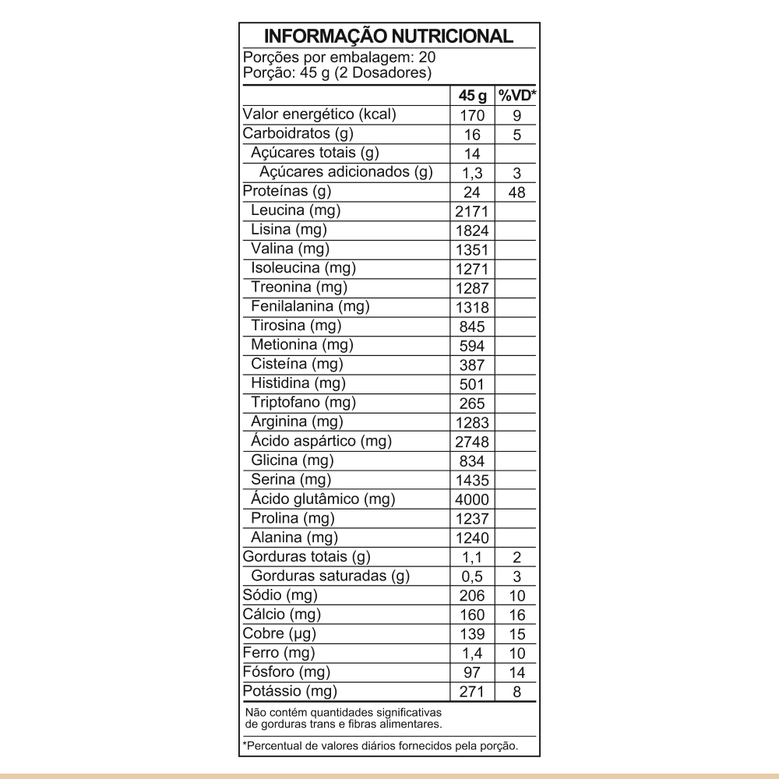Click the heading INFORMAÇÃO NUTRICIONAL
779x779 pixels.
tap(389, 37)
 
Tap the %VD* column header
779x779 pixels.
tap(517, 96)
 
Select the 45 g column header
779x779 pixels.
tap(472, 96)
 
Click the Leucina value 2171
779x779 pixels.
tap(472, 212)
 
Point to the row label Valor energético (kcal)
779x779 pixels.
tap(320, 115)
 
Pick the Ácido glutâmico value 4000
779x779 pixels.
tap(472, 500)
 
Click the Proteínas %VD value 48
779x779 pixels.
tap(517, 192)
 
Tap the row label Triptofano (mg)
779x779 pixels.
tap(303, 402)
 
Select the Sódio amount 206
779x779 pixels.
tap(472, 596)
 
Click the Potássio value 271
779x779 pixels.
tap(472, 692)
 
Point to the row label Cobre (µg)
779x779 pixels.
tap(280, 633)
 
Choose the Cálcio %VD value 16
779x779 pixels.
tap(517, 615)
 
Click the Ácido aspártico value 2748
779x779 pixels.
tap(472, 442)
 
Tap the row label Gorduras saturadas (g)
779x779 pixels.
tap(330, 576)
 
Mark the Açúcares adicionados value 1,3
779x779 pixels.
tap(472, 174)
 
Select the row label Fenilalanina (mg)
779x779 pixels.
tap(310, 306)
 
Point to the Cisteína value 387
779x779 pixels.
tap(472, 365)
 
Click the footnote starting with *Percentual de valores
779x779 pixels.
tap(381, 746)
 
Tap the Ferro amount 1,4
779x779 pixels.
tap(472, 654)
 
